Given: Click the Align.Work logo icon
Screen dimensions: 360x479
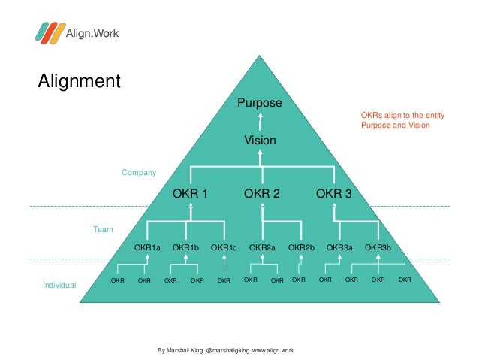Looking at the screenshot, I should point(48,32).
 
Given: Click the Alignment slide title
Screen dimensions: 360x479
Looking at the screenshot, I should point(80,80).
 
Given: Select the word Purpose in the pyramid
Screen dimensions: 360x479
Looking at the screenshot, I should point(260,103).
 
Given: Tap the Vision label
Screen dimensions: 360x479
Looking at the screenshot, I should point(260,141).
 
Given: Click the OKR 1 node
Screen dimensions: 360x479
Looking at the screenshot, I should point(190,194).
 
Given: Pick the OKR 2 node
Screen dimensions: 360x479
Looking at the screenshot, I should point(261,194).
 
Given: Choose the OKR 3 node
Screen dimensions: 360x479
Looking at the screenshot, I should point(333,194).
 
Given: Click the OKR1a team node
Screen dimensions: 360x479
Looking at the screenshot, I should point(147,247).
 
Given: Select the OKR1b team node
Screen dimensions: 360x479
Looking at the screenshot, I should point(185,247).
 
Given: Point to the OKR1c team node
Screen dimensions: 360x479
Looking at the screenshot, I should point(224,247).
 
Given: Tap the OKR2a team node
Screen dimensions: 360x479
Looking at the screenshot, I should point(262,247).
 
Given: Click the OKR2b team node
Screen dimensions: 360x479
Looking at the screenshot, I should point(301,247).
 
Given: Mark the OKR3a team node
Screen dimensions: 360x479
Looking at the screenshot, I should point(339,247).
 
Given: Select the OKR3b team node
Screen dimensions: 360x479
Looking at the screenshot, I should point(378,247).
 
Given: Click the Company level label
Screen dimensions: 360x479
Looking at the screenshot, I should point(139,173).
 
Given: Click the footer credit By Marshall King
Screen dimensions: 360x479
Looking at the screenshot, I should point(225,350).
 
